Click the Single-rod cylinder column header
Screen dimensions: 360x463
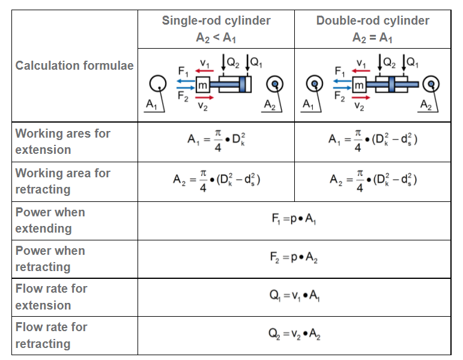(216, 21)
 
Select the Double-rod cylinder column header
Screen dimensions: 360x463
(372, 21)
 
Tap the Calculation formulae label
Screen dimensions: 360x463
(74, 66)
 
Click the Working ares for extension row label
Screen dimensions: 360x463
(62, 141)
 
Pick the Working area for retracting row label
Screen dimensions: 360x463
(62, 181)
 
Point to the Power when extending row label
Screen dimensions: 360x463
(50, 220)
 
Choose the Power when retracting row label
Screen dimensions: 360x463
(50, 258)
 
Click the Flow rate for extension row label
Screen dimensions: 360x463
(52, 297)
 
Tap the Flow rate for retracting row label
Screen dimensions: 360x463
(52, 335)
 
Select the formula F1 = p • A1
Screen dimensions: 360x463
(294, 220)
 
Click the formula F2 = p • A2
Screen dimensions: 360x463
(294, 258)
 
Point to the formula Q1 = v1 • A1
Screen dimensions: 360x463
(294, 297)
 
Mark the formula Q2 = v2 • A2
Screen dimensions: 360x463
(294, 335)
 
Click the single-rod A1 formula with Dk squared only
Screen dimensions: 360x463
(216, 142)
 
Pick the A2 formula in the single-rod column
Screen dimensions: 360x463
(216, 181)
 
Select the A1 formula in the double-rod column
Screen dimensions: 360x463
(373, 142)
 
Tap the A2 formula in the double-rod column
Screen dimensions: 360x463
(373, 181)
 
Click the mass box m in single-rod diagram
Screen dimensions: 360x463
(202, 86)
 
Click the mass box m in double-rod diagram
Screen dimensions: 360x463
(359, 86)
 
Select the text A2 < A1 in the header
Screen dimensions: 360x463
(216, 37)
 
